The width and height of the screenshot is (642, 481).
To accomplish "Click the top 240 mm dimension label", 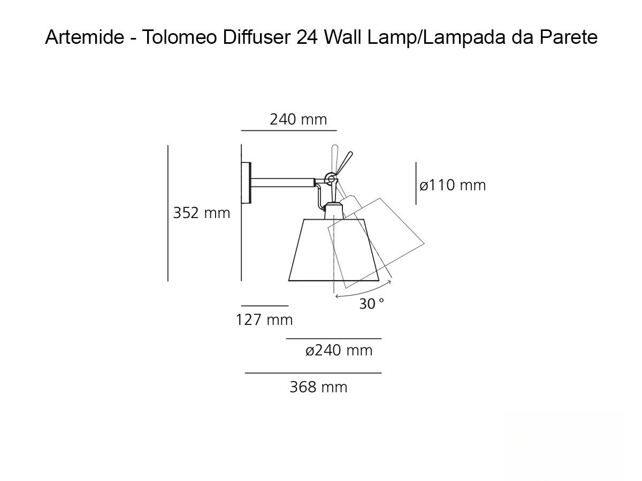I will (x=298, y=119).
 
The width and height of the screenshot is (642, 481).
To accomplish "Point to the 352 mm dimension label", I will (x=201, y=213).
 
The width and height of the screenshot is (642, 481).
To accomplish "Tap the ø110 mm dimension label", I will (x=453, y=185).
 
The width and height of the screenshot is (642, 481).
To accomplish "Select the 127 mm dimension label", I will (x=264, y=320).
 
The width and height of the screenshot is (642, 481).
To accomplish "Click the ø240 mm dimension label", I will (x=339, y=351).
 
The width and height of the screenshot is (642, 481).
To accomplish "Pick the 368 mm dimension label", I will (x=318, y=387).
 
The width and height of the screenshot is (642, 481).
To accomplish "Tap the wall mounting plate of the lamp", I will (x=247, y=183).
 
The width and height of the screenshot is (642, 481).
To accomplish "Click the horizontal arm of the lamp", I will (x=284, y=183).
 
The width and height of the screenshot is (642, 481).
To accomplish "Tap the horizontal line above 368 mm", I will (x=313, y=373).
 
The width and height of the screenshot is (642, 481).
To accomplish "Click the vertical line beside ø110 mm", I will (x=416, y=183).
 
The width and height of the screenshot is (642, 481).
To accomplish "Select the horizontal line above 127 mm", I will (x=264, y=306).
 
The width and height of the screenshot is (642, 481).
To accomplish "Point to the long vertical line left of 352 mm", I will (x=168, y=213).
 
